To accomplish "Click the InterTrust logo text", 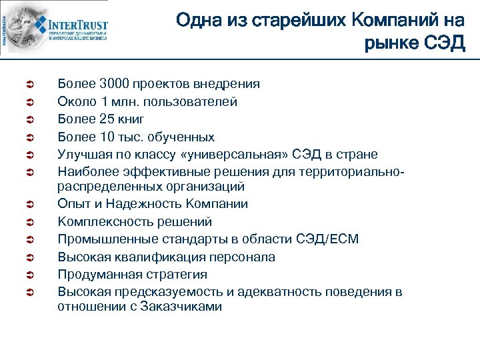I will (x=79, y=26).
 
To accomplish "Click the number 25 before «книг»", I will (x=107, y=119).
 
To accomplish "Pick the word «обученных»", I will (x=181, y=137).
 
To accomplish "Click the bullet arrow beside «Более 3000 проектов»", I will (x=20, y=85).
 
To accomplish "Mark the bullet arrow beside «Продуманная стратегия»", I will (x=20, y=275).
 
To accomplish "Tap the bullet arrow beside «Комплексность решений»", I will (x=20, y=222).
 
